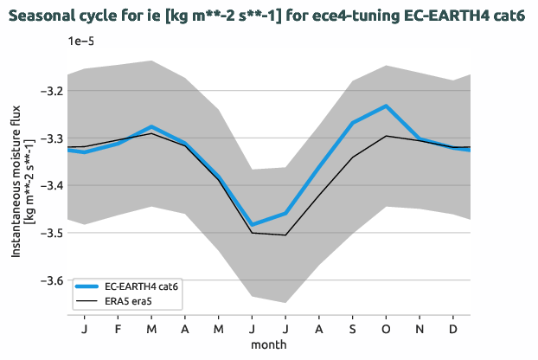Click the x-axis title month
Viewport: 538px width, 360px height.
[269, 344]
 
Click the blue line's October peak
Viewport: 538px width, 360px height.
[386, 106]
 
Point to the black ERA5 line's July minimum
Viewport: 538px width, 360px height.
[285, 235]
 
